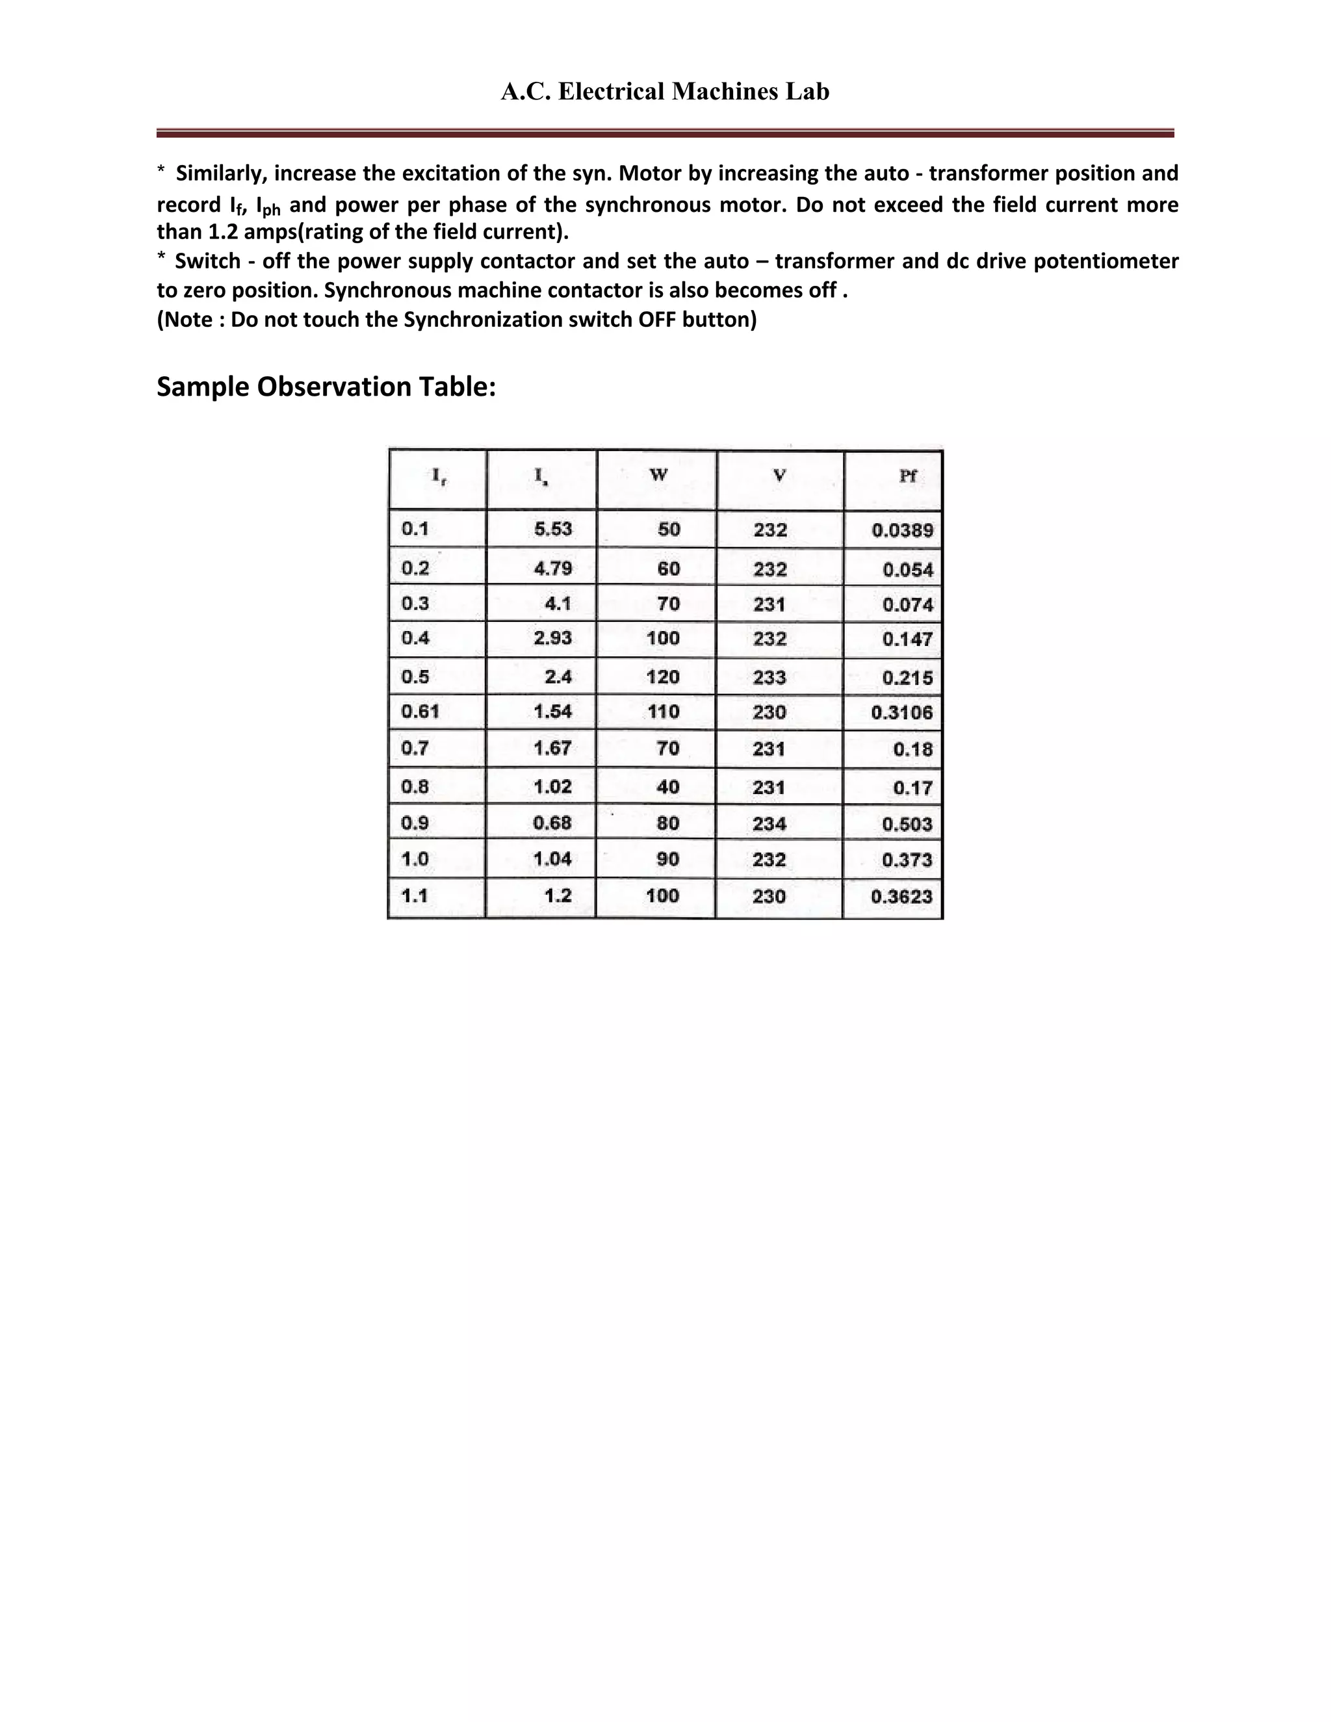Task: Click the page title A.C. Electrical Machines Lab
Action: click(x=665, y=92)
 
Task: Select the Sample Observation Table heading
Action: click(x=326, y=387)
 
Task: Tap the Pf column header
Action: click(x=907, y=476)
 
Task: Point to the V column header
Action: click(x=779, y=476)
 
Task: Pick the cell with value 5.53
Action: click(x=553, y=529)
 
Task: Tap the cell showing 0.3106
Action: click(x=902, y=713)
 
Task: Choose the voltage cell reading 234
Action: click(x=769, y=824)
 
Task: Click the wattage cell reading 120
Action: click(x=662, y=677)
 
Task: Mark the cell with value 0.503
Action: click(x=907, y=825)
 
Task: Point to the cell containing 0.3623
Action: click(x=901, y=897)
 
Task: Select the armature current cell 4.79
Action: click(x=553, y=569)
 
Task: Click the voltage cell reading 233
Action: click(x=769, y=677)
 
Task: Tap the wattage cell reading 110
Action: click(x=663, y=712)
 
